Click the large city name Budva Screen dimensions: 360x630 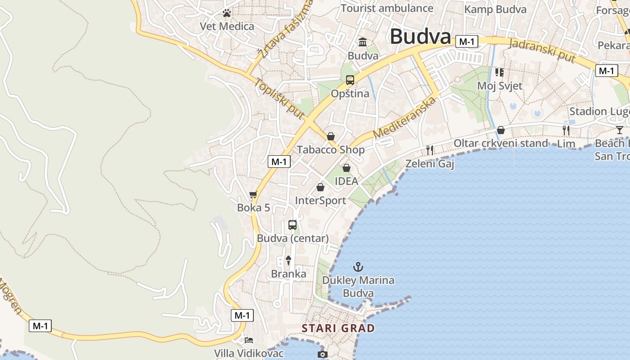(x=420, y=36)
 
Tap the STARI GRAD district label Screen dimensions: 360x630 (x=338, y=328)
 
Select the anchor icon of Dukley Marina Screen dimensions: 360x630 (x=358, y=267)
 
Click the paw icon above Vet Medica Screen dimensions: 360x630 (x=226, y=13)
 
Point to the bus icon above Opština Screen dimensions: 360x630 (x=350, y=81)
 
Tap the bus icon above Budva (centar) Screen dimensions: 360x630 (x=292, y=225)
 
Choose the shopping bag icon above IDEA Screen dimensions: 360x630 (x=346, y=168)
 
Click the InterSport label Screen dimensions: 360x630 (x=320, y=201)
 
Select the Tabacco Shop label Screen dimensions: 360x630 (x=331, y=149)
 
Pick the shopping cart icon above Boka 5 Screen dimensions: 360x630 (x=253, y=195)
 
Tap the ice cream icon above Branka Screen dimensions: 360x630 (x=288, y=260)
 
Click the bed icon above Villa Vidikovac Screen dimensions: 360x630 (x=248, y=340)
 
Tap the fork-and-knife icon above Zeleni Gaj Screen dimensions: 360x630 (x=430, y=150)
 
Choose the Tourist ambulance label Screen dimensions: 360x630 (x=387, y=8)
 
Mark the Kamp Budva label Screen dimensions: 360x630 (x=495, y=9)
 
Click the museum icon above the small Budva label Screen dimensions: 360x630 (x=363, y=42)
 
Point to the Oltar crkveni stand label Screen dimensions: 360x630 (x=500, y=144)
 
